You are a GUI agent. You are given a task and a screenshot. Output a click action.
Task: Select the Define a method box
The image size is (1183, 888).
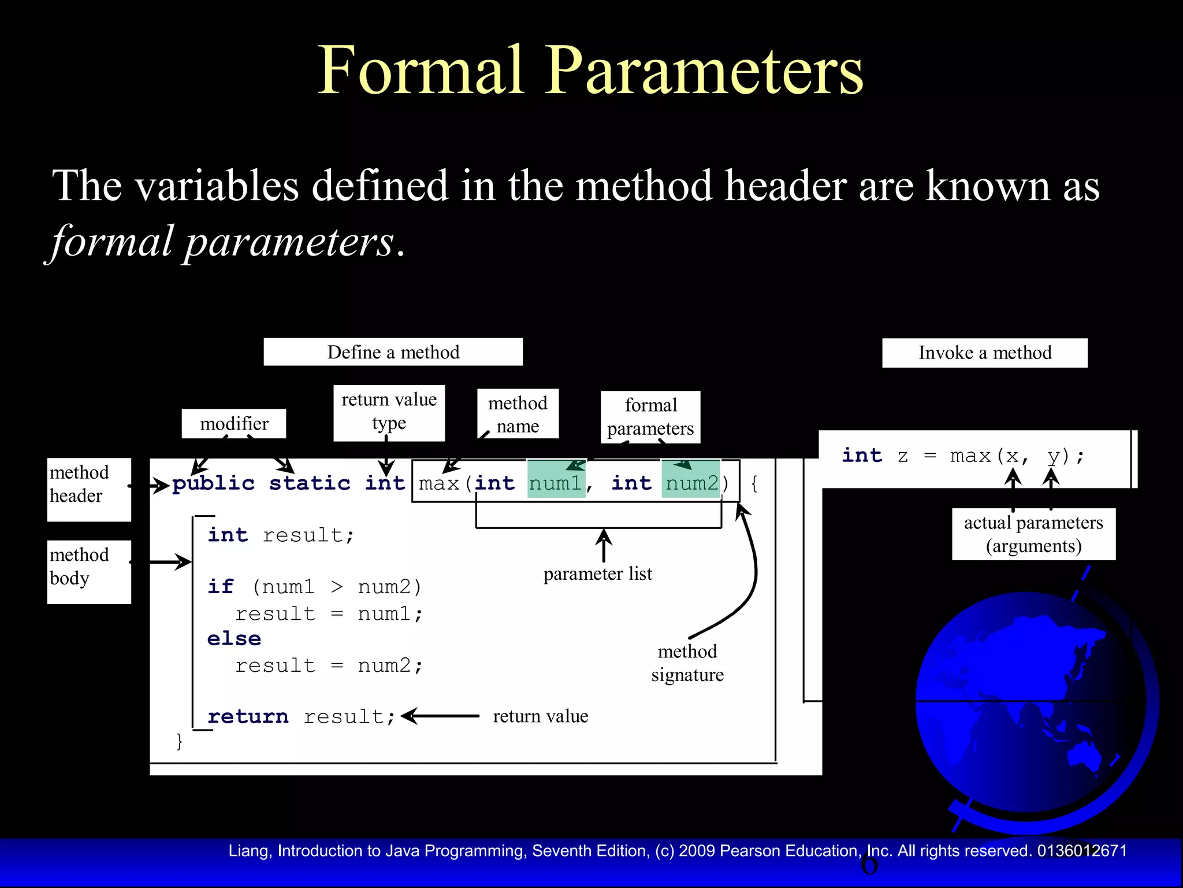[x=393, y=352]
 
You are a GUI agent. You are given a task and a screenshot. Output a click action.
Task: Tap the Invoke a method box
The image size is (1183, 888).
[x=984, y=353]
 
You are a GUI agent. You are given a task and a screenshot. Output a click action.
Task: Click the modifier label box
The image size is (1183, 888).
[x=234, y=424]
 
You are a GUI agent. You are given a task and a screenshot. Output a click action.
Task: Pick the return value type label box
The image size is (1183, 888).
[x=389, y=412]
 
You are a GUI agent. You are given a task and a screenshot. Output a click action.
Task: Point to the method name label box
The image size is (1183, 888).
[x=518, y=414]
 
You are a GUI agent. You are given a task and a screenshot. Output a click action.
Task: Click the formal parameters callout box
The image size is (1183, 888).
[x=650, y=417]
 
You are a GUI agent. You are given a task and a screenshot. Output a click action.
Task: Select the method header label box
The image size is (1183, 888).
[x=89, y=489]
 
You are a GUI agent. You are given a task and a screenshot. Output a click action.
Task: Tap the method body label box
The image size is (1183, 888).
[x=89, y=571]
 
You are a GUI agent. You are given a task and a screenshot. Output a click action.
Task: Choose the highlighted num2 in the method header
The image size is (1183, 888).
[x=691, y=483]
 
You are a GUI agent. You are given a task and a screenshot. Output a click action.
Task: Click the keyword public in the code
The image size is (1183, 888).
[x=214, y=483]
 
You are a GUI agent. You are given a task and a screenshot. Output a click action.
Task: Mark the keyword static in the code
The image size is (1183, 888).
[x=310, y=483]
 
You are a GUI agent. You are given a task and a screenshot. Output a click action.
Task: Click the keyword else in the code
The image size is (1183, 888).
[x=234, y=639]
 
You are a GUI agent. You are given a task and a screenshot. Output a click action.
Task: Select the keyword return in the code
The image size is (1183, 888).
[x=248, y=717]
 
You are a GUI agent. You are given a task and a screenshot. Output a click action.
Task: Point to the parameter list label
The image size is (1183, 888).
[x=597, y=574]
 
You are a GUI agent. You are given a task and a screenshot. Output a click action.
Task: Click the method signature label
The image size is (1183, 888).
[x=687, y=663]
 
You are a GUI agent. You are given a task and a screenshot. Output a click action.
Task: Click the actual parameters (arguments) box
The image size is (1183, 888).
[x=1033, y=534]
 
